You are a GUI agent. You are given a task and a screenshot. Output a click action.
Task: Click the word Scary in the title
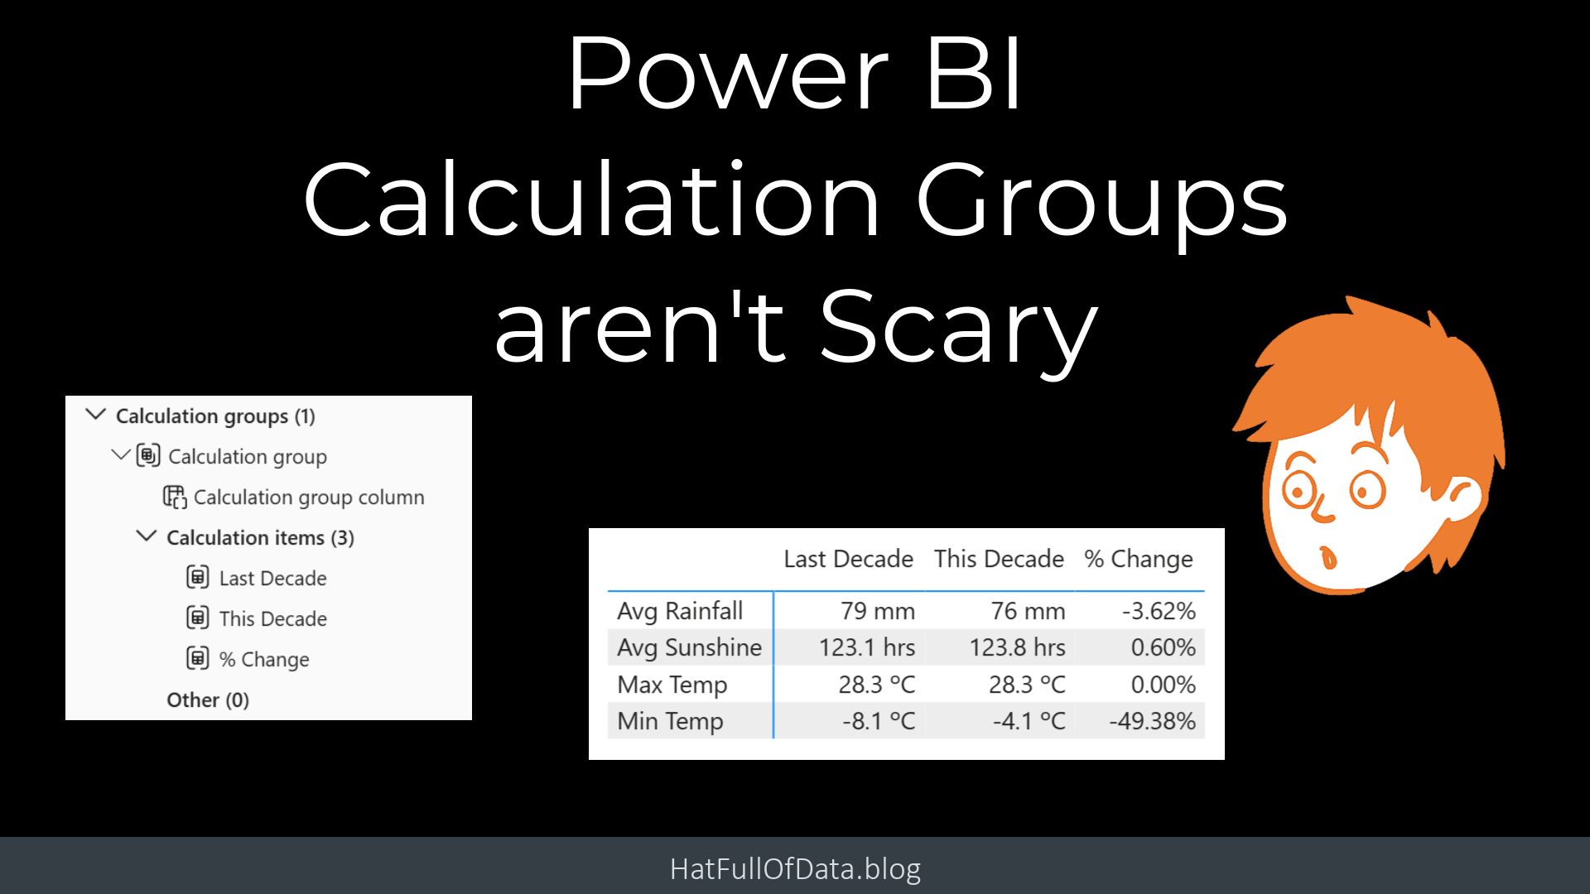pos(959,329)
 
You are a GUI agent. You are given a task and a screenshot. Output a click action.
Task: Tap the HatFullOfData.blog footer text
pos(795,868)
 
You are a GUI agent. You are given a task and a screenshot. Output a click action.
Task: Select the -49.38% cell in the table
pos(1152,721)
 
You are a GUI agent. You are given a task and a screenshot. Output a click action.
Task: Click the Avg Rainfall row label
pos(680,611)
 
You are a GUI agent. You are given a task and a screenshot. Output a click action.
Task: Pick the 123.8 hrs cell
pos(1017,647)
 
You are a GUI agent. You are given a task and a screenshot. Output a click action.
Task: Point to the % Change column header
pos(1139,560)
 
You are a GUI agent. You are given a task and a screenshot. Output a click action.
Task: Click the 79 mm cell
pos(878,611)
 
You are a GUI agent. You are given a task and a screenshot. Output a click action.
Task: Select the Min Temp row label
pos(670,721)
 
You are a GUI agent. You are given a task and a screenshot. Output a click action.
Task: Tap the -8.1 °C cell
pos(879,721)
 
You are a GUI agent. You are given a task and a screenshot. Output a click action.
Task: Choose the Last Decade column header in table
pos(848,559)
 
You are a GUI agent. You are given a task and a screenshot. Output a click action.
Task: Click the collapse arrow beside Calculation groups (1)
pos(96,414)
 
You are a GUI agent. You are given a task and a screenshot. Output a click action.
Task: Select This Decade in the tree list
pos(272,618)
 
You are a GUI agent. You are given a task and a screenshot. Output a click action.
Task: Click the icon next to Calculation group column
pos(175,497)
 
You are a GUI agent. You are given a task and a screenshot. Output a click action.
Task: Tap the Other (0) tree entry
pos(208,699)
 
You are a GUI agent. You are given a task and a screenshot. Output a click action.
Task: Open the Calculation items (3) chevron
pos(146,536)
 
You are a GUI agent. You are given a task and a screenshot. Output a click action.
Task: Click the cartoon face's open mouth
pos(1328,557)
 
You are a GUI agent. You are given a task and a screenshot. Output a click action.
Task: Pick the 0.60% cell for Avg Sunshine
pos(1163,647)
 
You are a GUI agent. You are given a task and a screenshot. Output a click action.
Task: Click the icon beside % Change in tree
pos(197,658)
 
